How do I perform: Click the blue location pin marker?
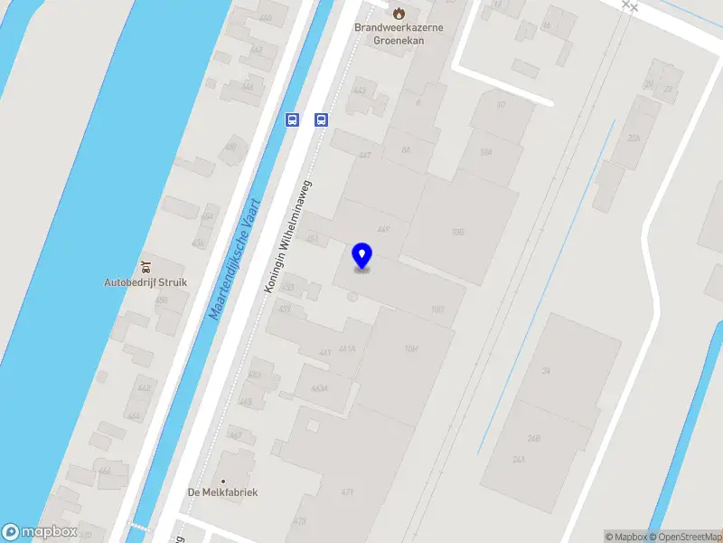pos(362,256)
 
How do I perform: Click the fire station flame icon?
pos(398,12)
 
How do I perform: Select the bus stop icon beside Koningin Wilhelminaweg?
pos(321,119)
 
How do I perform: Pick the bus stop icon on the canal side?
pos(292,119)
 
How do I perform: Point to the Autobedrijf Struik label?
pos(146,282)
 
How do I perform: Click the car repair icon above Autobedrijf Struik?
pos(146,265)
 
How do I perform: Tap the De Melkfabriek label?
pos(222,492)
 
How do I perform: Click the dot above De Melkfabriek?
pos(222,481)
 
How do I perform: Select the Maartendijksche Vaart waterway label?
pos(235,261)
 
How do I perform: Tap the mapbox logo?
pos(40,532)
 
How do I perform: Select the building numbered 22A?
pos(634,138)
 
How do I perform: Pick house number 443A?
pos(318,388)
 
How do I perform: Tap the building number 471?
pos(347,492)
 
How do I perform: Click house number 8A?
pos(406,149)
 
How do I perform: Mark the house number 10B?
pos(457,233)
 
